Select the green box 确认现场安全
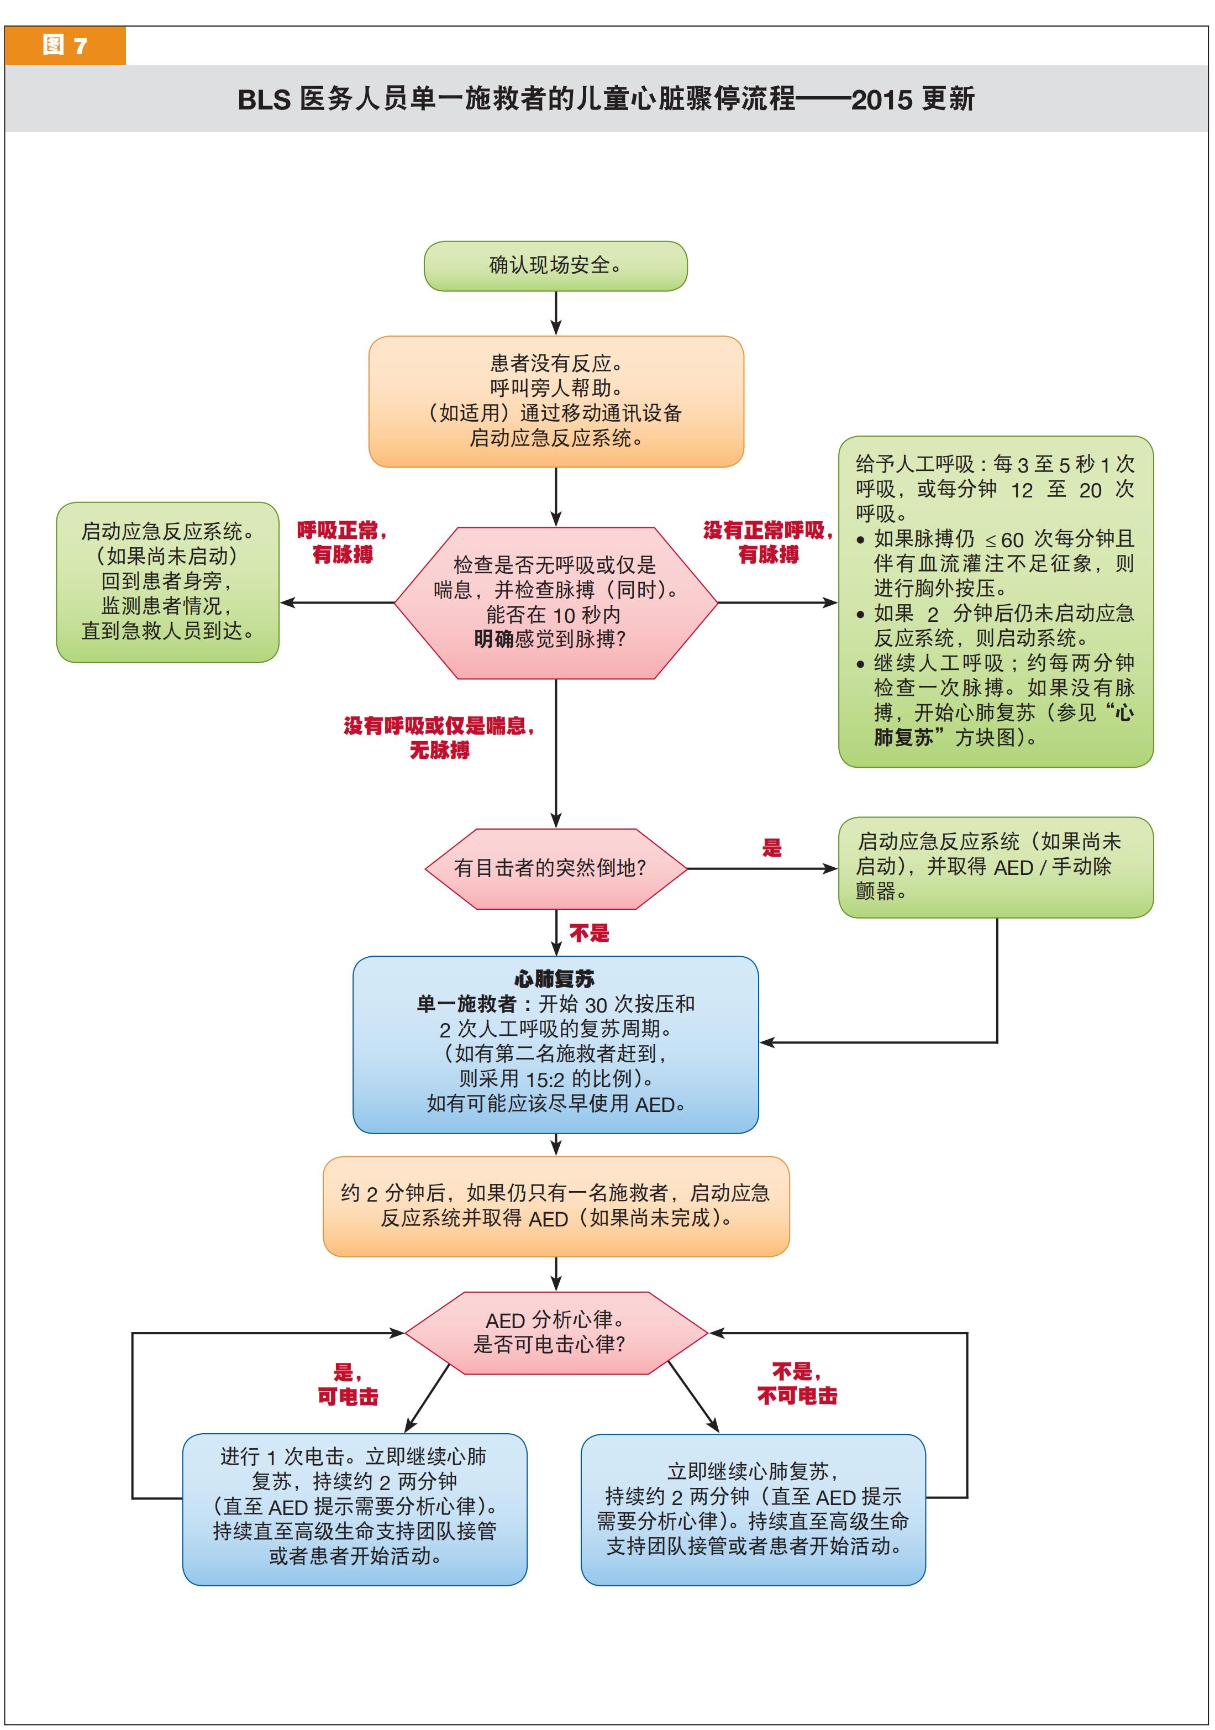tap(555, 266)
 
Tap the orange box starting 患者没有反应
tap(555, 401)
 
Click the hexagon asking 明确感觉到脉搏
tap(555, 603)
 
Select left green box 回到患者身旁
tap(167, 581)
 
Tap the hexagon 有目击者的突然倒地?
tap(555, 868)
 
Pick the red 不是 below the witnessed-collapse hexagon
tap(589, 934)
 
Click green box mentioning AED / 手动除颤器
tap(995, 867)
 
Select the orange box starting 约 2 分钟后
tap(555, 1205)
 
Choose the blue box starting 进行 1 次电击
tap(354, 1506)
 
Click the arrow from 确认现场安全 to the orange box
tap(556, 313)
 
